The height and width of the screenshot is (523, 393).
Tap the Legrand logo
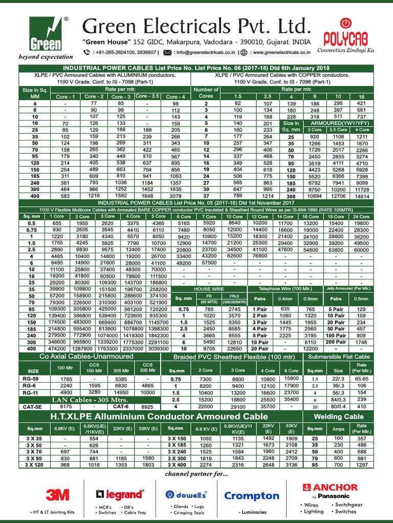point(119,494)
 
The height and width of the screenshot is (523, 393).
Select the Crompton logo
point(252,496)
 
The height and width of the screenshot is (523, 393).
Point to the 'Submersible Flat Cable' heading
point(339,356)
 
